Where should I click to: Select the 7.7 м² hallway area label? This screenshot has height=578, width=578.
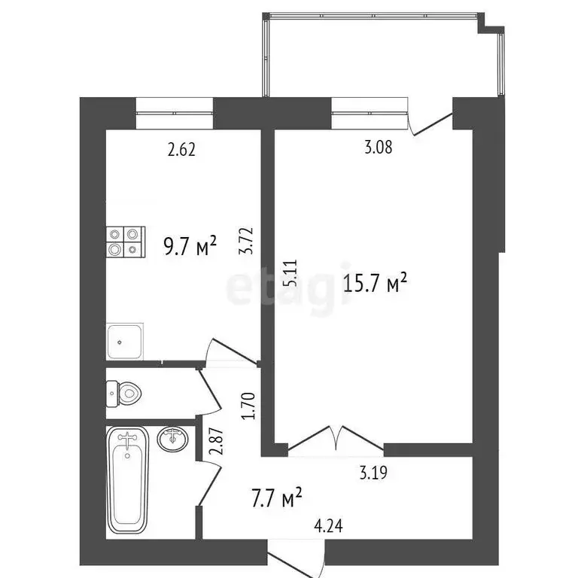click(x=275, y=497)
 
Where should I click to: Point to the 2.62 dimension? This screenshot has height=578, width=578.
click(x=181, y=150)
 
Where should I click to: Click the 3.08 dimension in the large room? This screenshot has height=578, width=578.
click(x=378, y=148)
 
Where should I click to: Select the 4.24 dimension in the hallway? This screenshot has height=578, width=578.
click(x=326, y=528)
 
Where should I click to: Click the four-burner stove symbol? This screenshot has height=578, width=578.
click(x=124, y=241)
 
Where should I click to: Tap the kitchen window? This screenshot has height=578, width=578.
click(x=175, y=113)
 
